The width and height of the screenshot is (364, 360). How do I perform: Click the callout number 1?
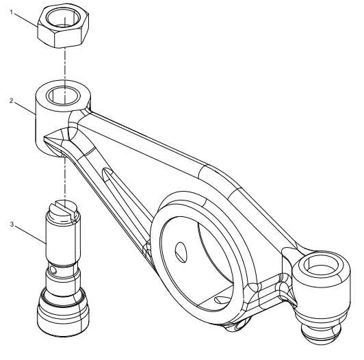(x=12, y=12)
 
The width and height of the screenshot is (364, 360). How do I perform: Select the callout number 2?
(x=12, y=101)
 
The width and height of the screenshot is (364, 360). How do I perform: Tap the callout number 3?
(x=12, y=224)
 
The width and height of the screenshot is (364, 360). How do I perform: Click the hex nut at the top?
(x=63, y=25)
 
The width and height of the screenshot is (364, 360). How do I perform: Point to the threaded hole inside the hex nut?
(x=63, y=17)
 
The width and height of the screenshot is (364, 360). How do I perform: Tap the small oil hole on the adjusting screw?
(x=53, y=270)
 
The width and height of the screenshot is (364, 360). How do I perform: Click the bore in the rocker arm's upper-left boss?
(x=64, y=96)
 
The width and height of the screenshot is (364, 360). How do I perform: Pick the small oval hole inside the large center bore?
(x=181, y=252)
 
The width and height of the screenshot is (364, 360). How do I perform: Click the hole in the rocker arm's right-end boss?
(x=321, y=266)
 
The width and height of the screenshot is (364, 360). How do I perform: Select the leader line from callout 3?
(x=31, y=235)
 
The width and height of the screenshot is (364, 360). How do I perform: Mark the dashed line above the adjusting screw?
(x=65, y=178)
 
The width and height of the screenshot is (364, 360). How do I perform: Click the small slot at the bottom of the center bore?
(x=220, y=300)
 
